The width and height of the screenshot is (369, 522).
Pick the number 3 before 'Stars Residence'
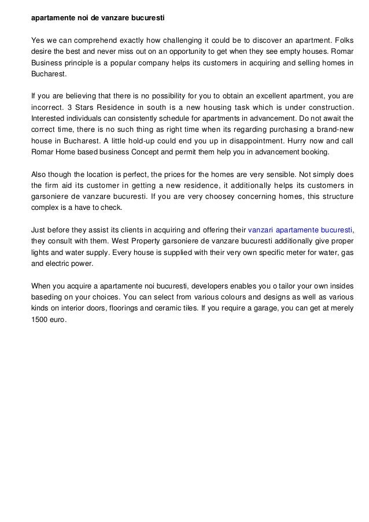tap(70, 108)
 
